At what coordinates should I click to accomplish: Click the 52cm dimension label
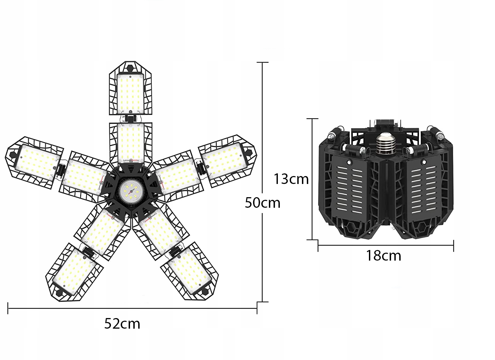coord(122,324)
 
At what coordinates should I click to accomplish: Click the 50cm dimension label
coord(262,202)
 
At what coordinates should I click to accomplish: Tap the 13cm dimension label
coord(291,179)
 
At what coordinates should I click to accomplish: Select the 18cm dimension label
coord(383,256)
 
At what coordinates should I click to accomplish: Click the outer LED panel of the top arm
coord(130,92)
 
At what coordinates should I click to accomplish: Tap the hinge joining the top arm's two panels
coord(131,119)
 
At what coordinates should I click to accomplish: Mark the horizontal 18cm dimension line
coord(385,245)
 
